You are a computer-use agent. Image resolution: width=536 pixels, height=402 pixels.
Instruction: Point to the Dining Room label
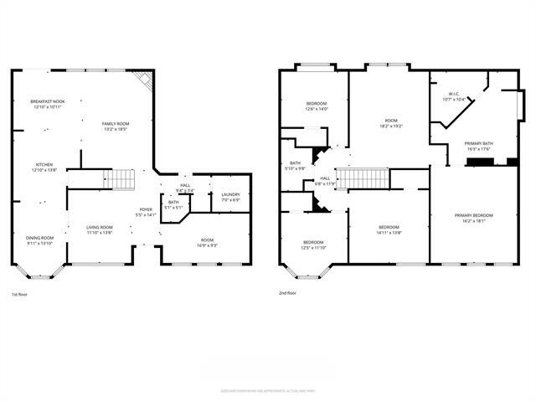39,240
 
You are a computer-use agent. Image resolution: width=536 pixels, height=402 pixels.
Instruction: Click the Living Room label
100,229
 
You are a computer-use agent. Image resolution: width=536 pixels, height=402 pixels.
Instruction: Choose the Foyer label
146,212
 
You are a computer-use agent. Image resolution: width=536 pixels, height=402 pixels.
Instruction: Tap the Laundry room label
230,197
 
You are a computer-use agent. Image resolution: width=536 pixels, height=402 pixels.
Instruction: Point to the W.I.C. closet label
454,96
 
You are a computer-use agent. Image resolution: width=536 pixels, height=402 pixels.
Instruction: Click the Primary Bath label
479,146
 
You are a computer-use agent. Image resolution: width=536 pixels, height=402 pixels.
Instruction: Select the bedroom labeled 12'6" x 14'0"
317,106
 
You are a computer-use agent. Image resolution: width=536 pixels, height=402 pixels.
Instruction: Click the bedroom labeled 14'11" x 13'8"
388,229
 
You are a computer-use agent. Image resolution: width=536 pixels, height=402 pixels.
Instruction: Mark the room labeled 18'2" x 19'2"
391,123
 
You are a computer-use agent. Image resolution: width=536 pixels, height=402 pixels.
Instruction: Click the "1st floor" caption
19,294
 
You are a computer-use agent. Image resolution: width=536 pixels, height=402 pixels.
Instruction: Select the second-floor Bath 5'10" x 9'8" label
296,166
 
